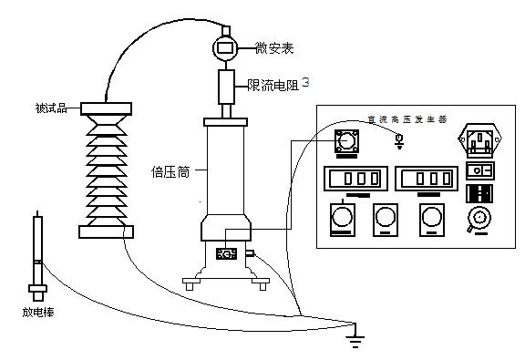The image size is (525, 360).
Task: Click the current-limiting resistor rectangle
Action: click(226, 87)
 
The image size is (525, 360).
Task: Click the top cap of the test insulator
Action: click(108, 108)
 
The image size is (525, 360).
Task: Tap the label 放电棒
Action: click(36, 313)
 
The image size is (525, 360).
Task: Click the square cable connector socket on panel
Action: click(346, 141)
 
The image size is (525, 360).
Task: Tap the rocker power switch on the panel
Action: click(479, 170)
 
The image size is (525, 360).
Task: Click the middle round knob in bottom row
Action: click(386, 216)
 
